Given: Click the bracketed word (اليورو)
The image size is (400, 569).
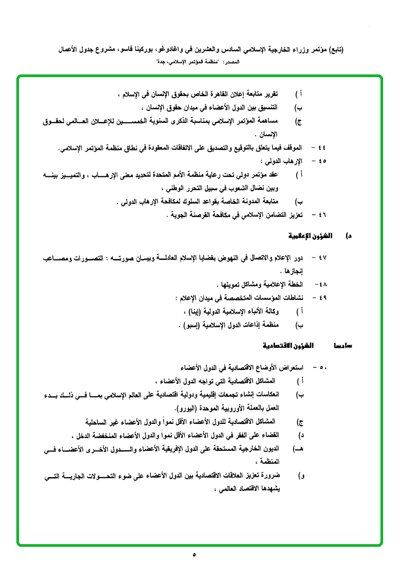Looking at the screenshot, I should (189, 407).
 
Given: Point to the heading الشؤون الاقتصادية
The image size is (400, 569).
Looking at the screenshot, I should (288, 346).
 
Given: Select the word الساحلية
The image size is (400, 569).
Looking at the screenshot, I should (100, 422).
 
